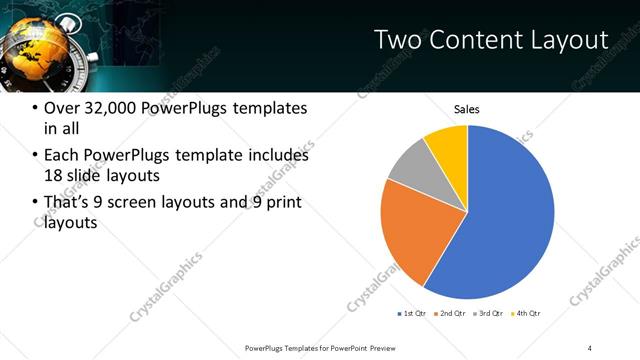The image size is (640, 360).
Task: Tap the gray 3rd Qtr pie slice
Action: pyautogui.click(x=411, y=167)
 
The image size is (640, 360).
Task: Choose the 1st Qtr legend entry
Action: pyautogui.click(x=413, y=314)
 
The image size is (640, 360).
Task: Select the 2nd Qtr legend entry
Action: pyautogui.click(x=452, y=314)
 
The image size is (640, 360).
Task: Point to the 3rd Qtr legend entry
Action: pyautogui.click(x=490, y=314)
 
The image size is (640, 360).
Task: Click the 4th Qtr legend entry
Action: pyautogui.click(x=527, y=314)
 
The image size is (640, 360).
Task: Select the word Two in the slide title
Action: pyautogui.click(x=396, y=40)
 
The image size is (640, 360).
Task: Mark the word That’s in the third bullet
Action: pyautogui.click(x=66, y=203)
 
